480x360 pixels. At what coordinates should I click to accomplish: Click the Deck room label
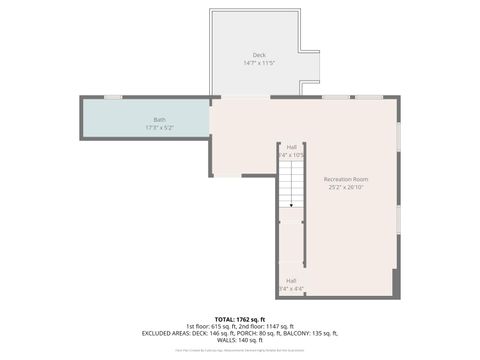point(259,55)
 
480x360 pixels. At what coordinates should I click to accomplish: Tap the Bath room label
point(159,120)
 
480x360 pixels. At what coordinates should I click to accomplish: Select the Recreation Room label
point(345,179)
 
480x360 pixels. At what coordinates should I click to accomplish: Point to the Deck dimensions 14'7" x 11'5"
point(259,63)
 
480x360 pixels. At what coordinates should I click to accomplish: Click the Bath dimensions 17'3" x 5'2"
point(159,128)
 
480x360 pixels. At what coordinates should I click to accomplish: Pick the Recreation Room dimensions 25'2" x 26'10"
point(345,187)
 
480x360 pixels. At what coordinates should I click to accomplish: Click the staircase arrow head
point(291,206)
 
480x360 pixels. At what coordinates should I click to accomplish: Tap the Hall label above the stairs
point(292,147)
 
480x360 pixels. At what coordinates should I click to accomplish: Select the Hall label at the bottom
point(291,281)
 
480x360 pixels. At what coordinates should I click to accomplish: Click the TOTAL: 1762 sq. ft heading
point(240,318)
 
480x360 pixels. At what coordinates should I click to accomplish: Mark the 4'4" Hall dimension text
point(291,289)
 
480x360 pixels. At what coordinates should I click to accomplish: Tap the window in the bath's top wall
point(113,97)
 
